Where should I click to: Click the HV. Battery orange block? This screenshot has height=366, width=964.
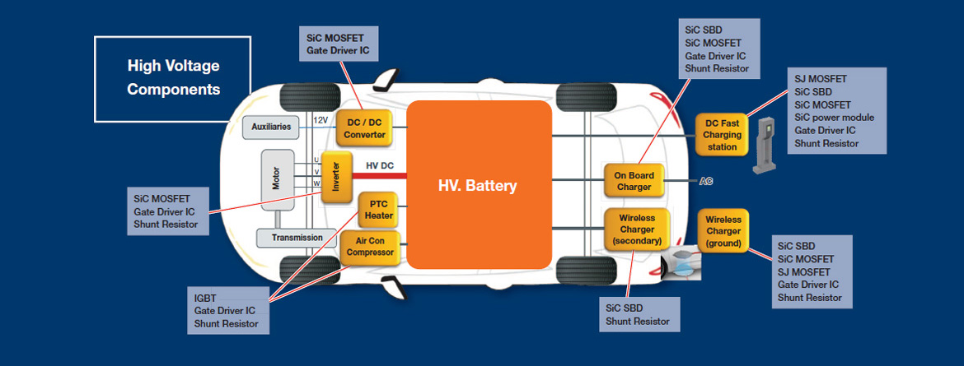coord(479,184)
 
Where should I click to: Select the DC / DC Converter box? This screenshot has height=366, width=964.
coord(364,128)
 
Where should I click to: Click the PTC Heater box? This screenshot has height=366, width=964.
coord(378,210)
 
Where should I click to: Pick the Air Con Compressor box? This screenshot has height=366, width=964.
coord(371,247)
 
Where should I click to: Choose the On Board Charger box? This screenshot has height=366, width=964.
coord(634,181)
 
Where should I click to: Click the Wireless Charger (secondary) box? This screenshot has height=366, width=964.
coord(637,229)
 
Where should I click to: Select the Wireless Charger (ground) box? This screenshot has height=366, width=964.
coord(723,231)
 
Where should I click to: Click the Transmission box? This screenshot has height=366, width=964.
coord(297,238)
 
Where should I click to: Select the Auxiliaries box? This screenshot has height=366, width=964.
coord(271,127)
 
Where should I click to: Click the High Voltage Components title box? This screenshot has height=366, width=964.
coord(173,77)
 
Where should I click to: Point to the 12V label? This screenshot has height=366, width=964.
coord(321,120)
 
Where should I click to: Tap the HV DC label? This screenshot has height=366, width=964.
coord(380,166)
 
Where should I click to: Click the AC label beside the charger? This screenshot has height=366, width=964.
coord(706,181)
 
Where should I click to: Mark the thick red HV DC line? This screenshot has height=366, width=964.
coord(380,176)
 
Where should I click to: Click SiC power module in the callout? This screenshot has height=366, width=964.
coord(834,118)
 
